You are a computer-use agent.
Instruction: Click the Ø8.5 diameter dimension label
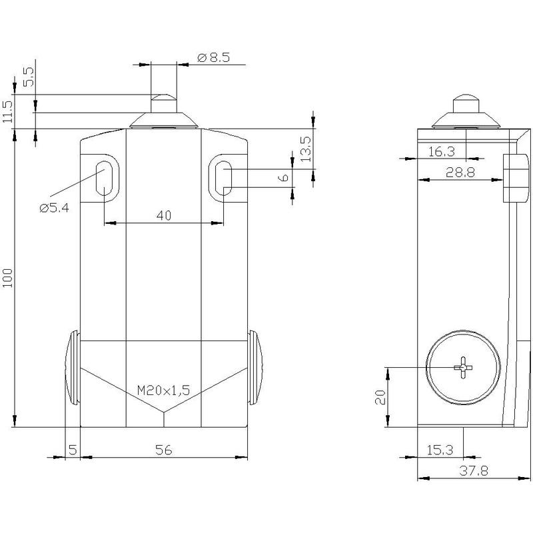(213, 57)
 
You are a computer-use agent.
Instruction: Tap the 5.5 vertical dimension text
(29, 77)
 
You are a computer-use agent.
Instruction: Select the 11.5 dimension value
(7, 112)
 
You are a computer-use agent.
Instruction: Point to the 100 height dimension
(7, 278)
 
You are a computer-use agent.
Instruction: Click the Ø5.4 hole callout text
(54, 207)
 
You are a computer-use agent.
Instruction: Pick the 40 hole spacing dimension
(164, 215)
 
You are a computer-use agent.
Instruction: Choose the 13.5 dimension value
(305, 149)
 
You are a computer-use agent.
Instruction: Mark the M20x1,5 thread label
(163, 390)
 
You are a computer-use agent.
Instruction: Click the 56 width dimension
(164, 450)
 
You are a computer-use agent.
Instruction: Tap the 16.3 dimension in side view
(441, 152)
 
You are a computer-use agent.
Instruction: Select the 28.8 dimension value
(460, 173)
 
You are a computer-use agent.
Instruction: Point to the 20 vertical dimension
(380, 396)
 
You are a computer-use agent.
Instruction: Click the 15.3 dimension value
(440, 450)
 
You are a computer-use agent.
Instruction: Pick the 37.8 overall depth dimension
(474, 471)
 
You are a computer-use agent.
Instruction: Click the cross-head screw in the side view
(463, 368)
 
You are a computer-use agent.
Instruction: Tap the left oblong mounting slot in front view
(104, 179)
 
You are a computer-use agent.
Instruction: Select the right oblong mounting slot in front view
(224, 179)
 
